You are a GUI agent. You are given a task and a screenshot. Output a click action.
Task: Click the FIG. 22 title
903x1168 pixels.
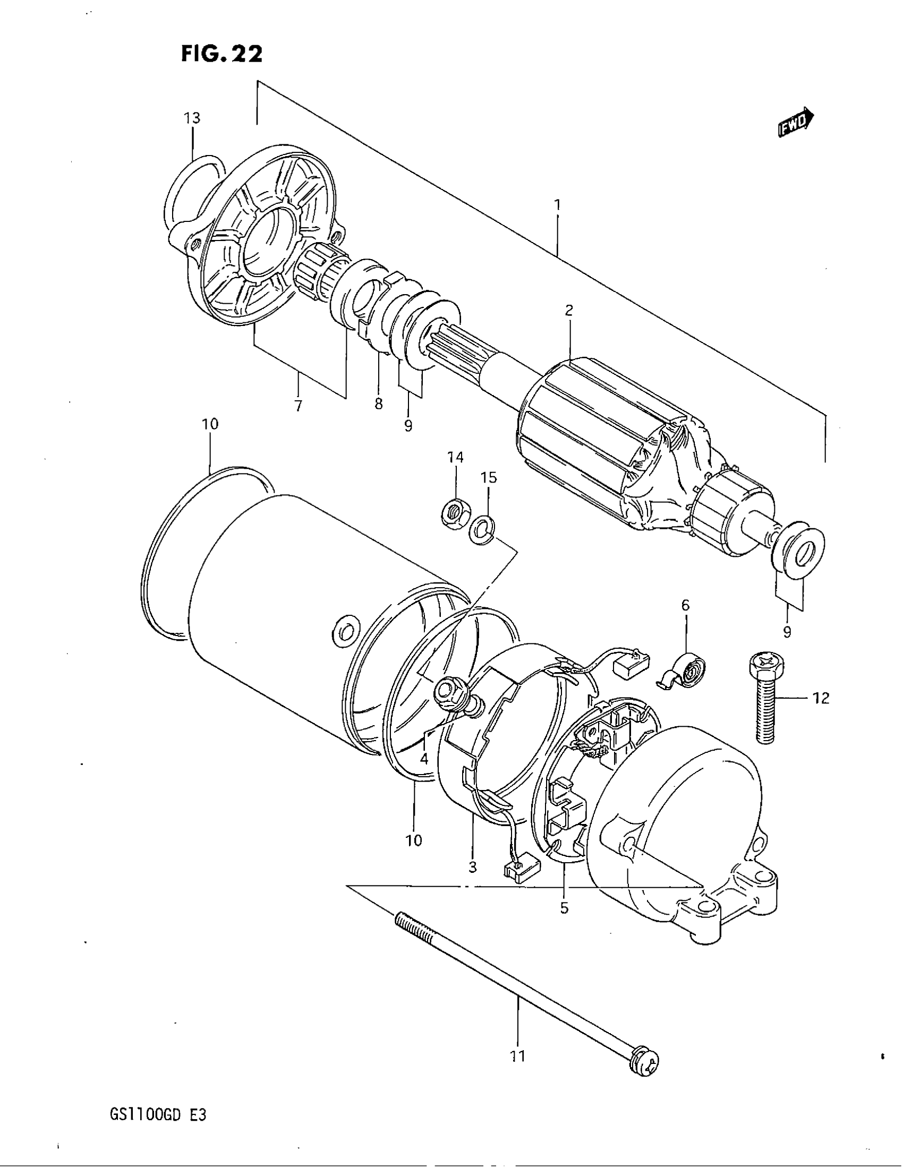point(222,54)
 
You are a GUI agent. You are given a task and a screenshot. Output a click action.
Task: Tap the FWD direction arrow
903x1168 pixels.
point(796,124)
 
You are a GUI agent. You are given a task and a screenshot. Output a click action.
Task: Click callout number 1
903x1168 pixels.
point(557,204)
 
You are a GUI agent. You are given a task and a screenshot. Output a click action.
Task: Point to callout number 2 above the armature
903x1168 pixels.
point(569,310)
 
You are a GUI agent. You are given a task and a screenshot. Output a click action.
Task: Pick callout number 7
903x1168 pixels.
point(298,406)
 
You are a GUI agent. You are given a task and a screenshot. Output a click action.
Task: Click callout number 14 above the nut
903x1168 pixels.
point(456,457)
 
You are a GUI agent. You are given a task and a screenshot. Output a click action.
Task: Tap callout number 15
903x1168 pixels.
point(489,477)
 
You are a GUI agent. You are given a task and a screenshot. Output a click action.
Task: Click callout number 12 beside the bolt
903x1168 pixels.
point(821,698)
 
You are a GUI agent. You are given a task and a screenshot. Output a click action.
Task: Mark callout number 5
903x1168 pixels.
point(564,908)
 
